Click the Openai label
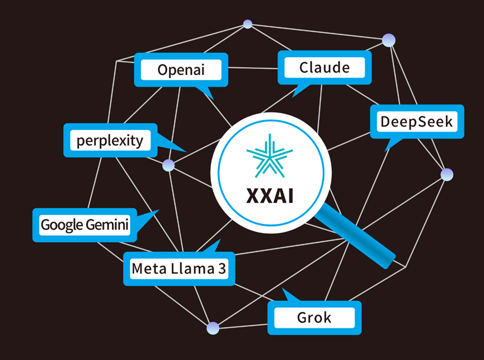pyautogui.click(x=181, y=70)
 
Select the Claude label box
pyautogui.click(x=325, y=68)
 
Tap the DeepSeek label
pyautogui.click(x=416, y=121)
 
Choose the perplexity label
pyautogui.click(x=110, y=140)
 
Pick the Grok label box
pyautogui.click(x=314, y=318)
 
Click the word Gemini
pyautogui.click(x=107, y=226)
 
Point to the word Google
pyautogui.click(x=61, y=226)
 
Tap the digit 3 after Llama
pyautogui.click(x=222, y=269)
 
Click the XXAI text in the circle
pyautogui.click(x=270, y=196)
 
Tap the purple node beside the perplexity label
pyautogui.click(x=168, y=165)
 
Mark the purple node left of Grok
pyautogui.click(x=212, y=329)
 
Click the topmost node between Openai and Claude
pyautogui.click(x=247, y=24)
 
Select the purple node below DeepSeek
pyautogui.click(x=447, y=175)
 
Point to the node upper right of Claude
pyautogui.click(x=388, y=40)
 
